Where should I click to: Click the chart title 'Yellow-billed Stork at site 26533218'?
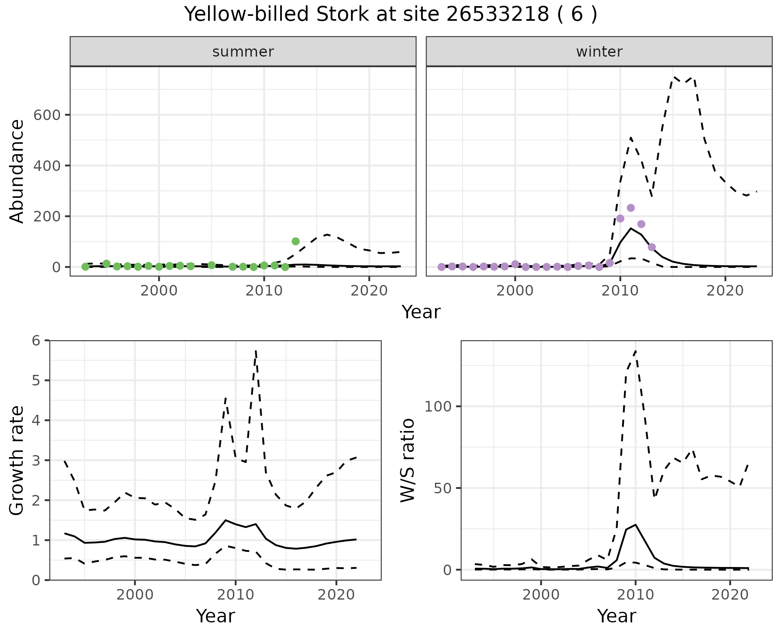tap(390, 15)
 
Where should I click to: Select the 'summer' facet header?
tap(243, 52)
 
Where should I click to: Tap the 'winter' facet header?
tap(599, 52)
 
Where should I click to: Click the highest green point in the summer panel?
tap(296, 241)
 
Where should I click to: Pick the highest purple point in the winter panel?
tap(630, 208)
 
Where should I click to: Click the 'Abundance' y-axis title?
tap(17, 171)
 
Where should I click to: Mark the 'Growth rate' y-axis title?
tap(17, 460)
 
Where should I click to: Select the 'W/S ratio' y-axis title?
tap(407, 460)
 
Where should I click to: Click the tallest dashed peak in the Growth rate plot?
tap(255, 350)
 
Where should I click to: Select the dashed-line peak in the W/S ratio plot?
tap(635, 351)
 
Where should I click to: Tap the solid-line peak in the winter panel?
tap(630, 228)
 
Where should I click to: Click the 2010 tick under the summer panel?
tap(264, 291)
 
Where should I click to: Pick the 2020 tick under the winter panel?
tap(725, 291)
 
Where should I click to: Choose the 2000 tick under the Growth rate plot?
tap(135, 595)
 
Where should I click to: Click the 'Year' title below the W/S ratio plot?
tap(616, 616)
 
